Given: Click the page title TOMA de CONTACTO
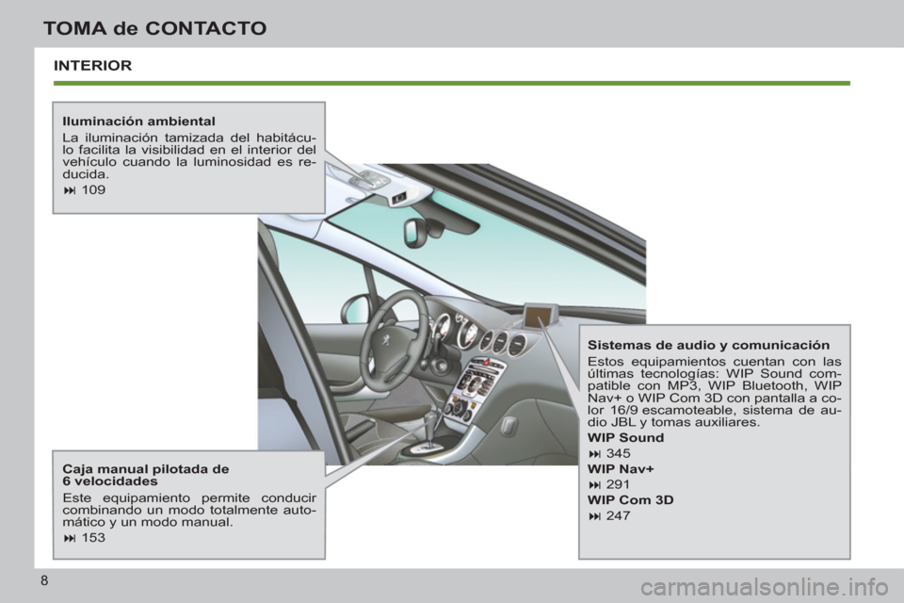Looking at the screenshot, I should coord(154,28).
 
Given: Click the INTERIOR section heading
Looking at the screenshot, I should coord(92,66).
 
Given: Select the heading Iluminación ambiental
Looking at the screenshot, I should coord(138,122).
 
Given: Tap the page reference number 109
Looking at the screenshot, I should coord(93,189).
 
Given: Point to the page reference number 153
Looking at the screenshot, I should coord(93,538).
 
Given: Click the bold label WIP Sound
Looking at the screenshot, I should coord(625,438).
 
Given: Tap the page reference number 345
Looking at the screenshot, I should coord(619,454).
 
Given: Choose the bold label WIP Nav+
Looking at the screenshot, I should coord(620,469).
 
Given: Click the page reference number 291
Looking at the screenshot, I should coord(619,484).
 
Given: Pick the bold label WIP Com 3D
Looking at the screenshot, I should coord(630,500).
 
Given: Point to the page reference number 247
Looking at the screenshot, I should coord(619,515).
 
